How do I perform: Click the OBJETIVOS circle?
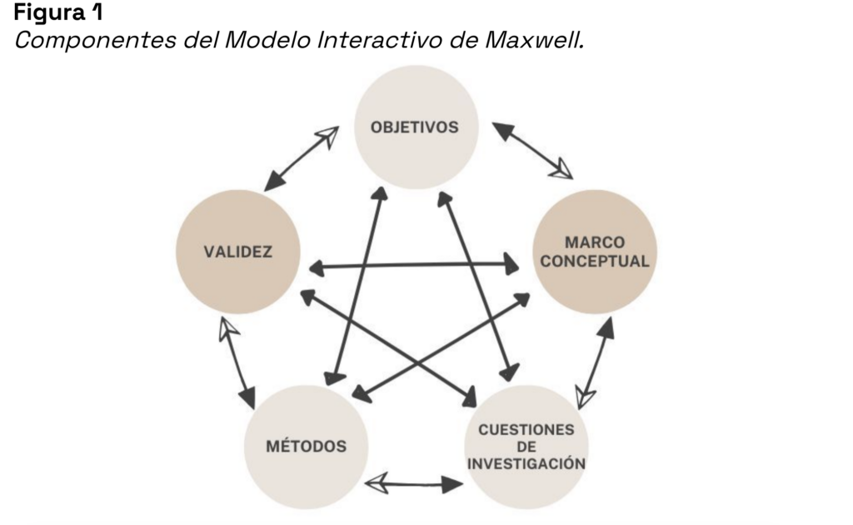(x=416, y=127)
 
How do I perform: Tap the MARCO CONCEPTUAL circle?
(x=595, y=252)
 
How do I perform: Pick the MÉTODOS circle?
(x=305, y=446)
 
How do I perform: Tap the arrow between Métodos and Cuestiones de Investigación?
(x=415, y=482)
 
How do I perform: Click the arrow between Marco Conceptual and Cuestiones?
(x=595, y=362)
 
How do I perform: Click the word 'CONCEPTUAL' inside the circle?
(x=595, y=261)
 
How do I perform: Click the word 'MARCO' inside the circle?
(x=595, y=242)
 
